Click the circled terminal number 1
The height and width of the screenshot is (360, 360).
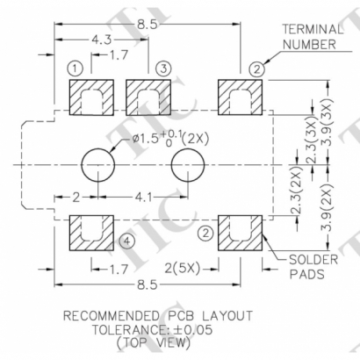point(76,68)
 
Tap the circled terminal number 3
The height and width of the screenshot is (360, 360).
point(163,68)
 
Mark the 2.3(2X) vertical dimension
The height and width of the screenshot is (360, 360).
point(298,200)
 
